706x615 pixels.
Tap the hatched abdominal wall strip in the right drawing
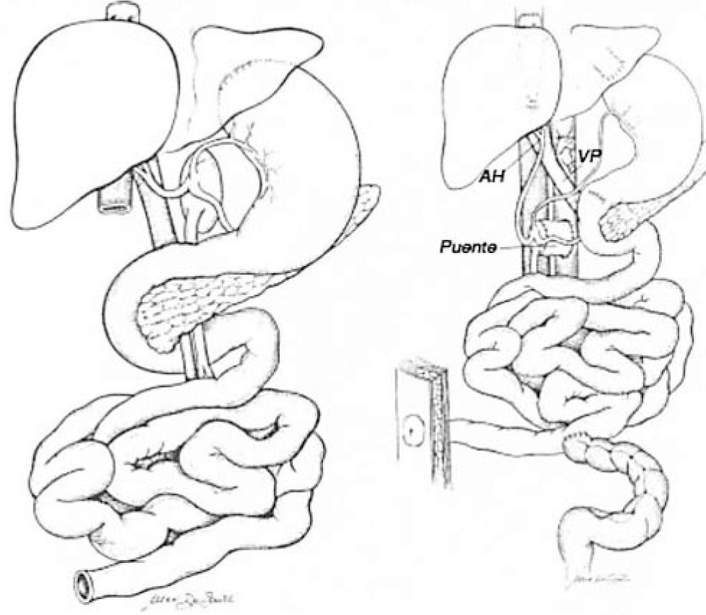[436, 419]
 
